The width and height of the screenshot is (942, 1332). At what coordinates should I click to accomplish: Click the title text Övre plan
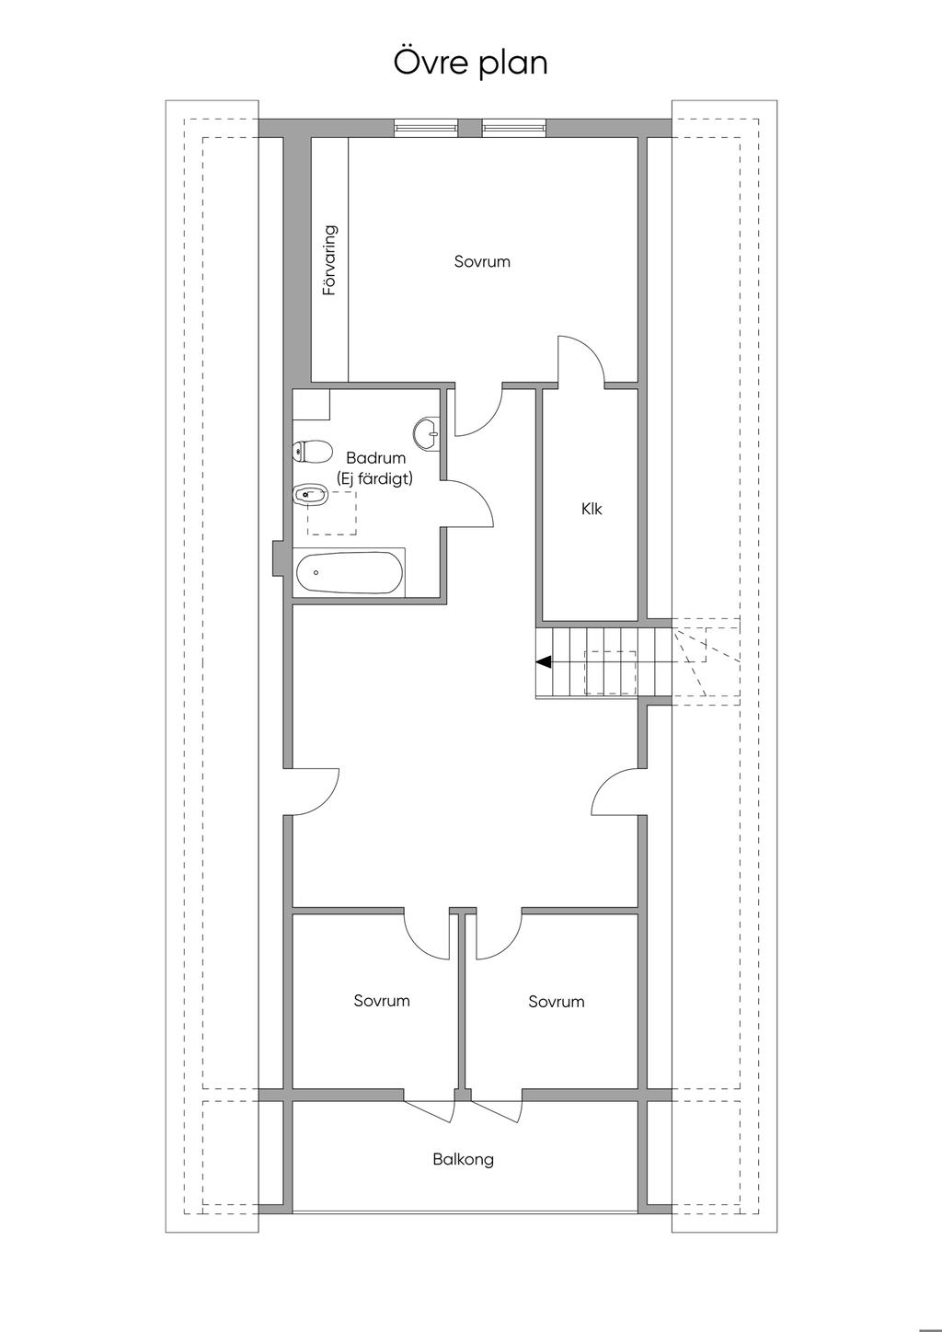[470, 63]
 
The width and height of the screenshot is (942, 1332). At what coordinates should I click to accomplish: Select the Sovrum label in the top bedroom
[482, 261]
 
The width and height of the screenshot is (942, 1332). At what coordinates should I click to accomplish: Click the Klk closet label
[592, 509]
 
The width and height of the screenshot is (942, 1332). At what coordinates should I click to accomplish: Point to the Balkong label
[463, 1159]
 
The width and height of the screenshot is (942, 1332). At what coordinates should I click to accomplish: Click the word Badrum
[375, 458]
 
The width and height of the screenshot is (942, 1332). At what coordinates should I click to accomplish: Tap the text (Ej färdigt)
[375, 478]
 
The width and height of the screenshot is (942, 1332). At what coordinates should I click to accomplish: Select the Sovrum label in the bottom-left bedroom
[382, 1001]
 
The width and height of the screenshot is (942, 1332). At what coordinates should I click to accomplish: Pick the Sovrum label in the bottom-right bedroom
[557, 1002]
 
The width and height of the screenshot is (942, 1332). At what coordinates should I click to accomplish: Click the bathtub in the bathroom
[349, 574]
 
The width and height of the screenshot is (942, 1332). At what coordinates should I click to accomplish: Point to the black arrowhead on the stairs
[544, 660]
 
